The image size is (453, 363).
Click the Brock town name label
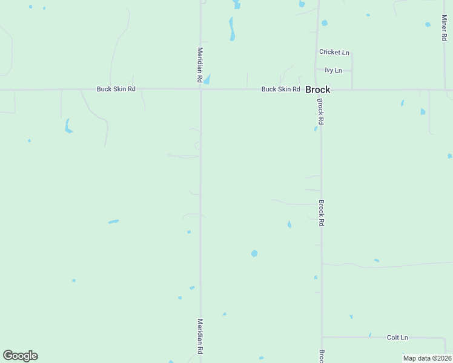[x=317, y=90]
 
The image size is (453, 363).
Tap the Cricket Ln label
[x=334, y=53]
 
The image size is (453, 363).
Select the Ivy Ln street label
[x=333, y=71]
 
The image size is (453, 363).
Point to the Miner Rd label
[x=444, y=28]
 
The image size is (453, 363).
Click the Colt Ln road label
[x=397, y=338]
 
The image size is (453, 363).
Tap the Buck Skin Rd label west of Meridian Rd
[x=116, y=89]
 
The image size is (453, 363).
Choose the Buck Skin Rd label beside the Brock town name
[x=280, y=90]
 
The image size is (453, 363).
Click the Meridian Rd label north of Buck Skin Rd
[x=200, y=65]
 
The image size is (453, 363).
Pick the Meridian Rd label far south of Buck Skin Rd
[x=200, y=336]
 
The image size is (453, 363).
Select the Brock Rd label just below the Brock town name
[x=320, y=113]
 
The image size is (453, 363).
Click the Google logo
[x=20, y=356]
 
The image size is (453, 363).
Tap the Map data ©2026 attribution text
[x=427, y=358]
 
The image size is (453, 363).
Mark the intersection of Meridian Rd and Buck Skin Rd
[x=201, y=90]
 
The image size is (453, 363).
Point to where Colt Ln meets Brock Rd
[x=322, y=337]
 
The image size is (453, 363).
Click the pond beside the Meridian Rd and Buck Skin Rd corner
[x=207, y=79]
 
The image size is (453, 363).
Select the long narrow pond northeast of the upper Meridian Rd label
[x=231, y=29]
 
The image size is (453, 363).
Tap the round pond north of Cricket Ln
[x=325, y=23]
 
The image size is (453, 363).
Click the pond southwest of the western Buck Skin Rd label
[x=68, y=126]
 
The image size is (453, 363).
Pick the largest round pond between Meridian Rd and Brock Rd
[x=254, y=253]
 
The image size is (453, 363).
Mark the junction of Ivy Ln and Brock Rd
[x=317, y=71]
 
